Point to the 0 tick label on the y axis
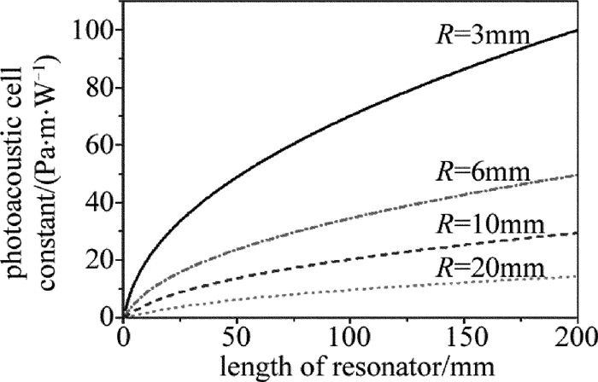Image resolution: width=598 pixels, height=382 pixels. click(109, 317)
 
